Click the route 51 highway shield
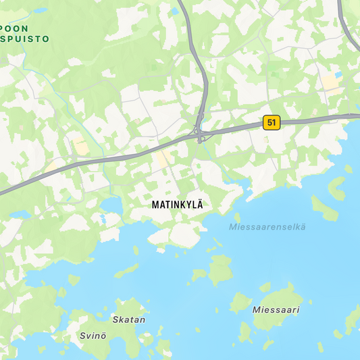[x=272, y=122]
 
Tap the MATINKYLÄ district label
[x=178, y=203]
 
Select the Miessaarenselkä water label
[x=267, y=226]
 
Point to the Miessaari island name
[x=275, y=309]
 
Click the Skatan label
[x=128, y=319]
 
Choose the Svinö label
[x=93, y=336]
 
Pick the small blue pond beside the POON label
[x=41, y=11]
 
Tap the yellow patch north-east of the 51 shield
[x=330, y=82]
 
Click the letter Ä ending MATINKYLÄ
[x=199, y=203]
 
